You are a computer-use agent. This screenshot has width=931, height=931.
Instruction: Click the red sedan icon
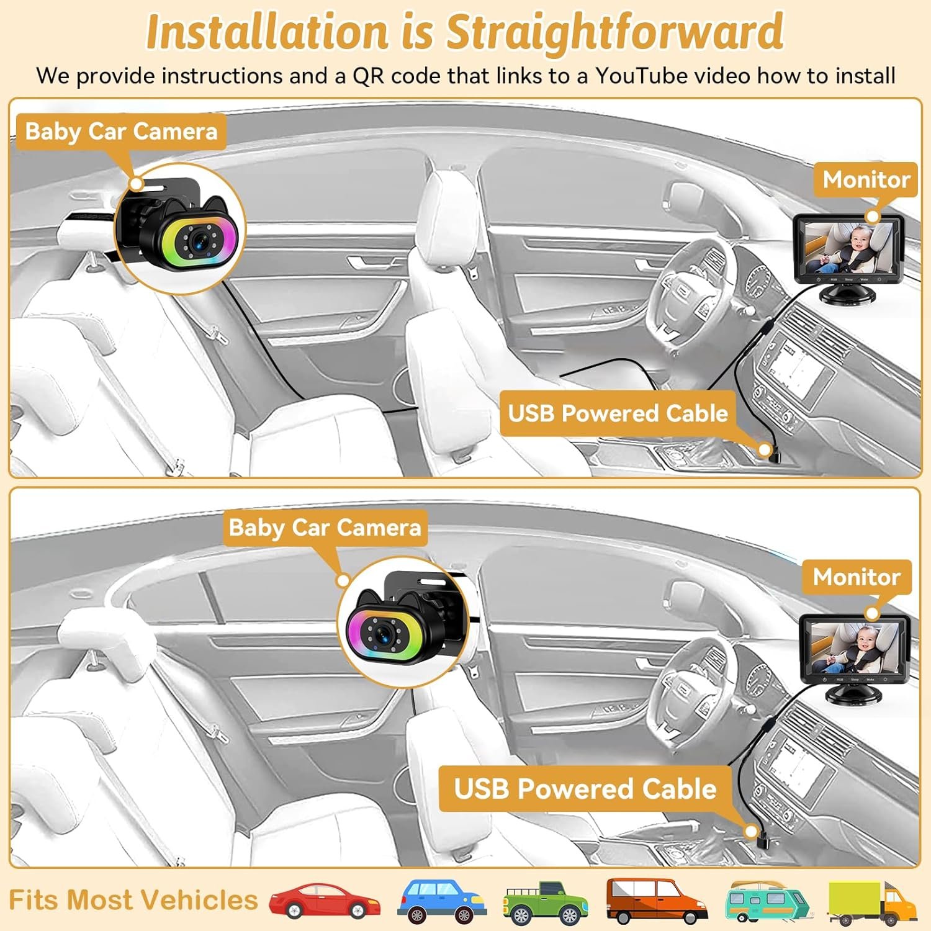coord(325,900)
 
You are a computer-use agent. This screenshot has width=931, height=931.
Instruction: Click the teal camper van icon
coord(767,901)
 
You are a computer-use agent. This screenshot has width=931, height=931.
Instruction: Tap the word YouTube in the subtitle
coord(641,76)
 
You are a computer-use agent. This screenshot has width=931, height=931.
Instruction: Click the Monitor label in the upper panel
coord(866,179)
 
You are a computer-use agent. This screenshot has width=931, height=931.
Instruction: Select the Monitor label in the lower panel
coord(857,577)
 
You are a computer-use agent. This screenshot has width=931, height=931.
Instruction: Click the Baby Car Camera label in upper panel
coord(121,132)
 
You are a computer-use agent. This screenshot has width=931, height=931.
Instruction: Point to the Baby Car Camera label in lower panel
coord(325,528)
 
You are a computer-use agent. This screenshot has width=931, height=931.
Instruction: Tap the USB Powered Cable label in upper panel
coord(618,413)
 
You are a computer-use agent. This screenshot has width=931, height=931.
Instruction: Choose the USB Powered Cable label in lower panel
coord(585,789)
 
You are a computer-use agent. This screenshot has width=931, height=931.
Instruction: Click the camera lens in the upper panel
coord(199,242)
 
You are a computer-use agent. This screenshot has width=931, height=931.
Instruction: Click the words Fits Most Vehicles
coord(133,900)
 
